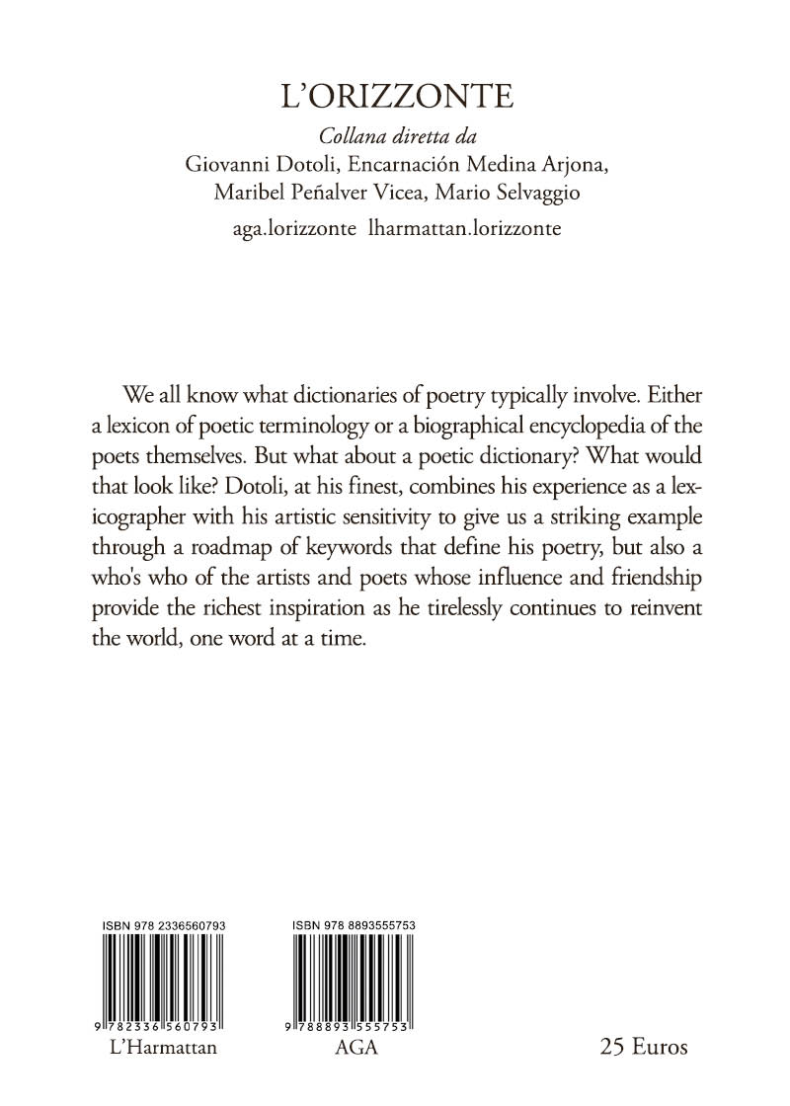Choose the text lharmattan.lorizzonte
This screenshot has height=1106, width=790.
(x=464, y=228)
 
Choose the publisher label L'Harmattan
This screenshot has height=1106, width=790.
(x=160, y=1048)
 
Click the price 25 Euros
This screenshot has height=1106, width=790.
(x=643, y=1047)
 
